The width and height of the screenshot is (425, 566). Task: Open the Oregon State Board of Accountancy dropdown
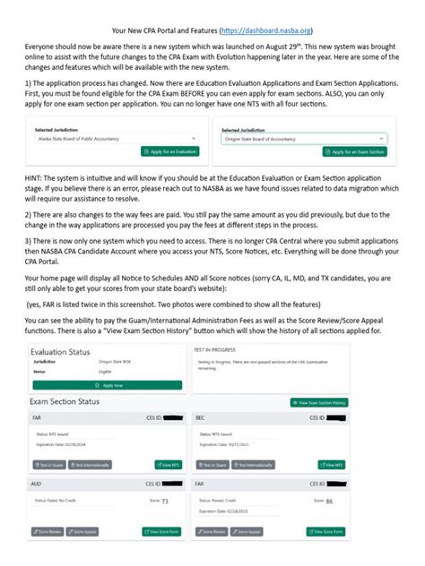coord(304,140)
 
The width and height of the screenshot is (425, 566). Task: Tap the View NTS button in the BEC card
coord(332,466)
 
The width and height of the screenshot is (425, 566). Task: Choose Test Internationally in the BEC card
coord(254,466)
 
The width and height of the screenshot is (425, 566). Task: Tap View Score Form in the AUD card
coord(162,531)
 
